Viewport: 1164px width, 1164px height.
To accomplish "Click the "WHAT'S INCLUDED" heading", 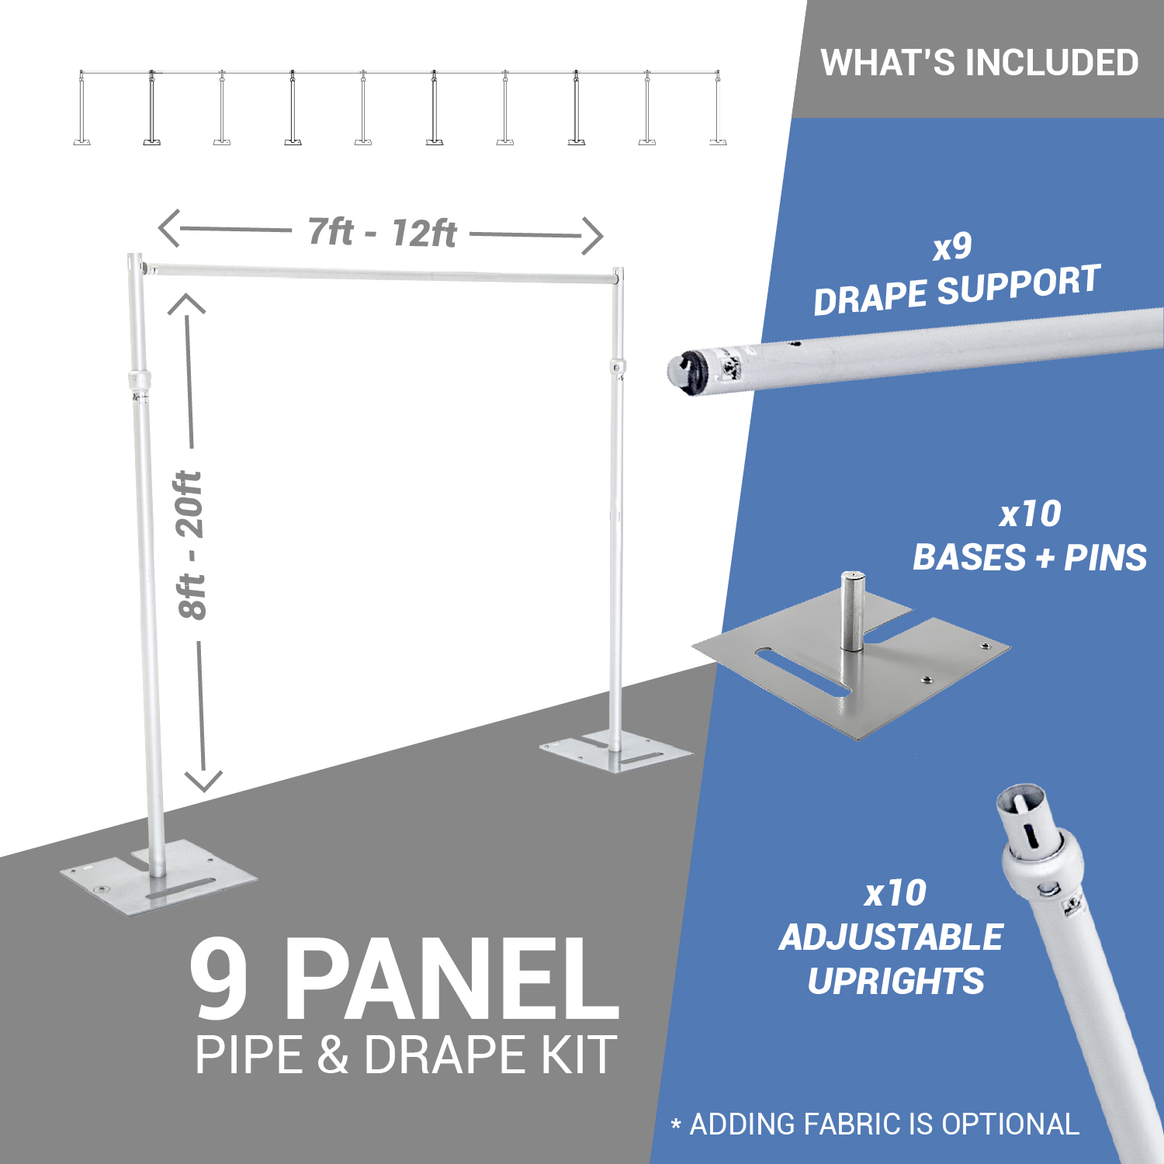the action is tap(979, 63).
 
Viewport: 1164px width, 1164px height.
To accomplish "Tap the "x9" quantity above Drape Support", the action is tap(952, 247).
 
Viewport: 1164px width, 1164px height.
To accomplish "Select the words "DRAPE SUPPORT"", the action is tap(957, 289).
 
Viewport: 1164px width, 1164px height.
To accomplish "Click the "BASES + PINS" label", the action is tap(1030, 557).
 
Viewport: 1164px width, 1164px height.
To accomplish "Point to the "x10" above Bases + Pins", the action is tap(1030, 514).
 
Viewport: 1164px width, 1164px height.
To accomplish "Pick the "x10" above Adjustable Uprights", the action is tap(896, 893).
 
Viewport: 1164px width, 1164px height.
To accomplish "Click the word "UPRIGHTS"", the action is tap(896, 981).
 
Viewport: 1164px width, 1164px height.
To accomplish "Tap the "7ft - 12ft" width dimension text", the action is tap(382, 232).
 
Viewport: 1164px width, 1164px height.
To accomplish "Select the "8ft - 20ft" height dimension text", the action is tap(190, 545).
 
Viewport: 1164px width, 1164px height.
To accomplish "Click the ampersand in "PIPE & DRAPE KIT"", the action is tap(333, 1055).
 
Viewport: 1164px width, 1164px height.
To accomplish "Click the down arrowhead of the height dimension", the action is tap(203, 781).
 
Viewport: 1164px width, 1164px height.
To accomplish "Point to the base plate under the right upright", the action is tap(616, 751).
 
